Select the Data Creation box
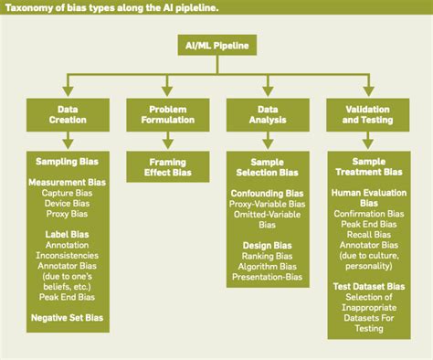67,114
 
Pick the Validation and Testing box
367,114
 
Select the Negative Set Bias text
67,317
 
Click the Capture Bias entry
67,193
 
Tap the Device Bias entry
67,203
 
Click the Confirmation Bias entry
367,213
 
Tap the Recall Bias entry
367,234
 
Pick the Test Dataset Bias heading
367,287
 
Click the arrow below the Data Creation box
67,139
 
